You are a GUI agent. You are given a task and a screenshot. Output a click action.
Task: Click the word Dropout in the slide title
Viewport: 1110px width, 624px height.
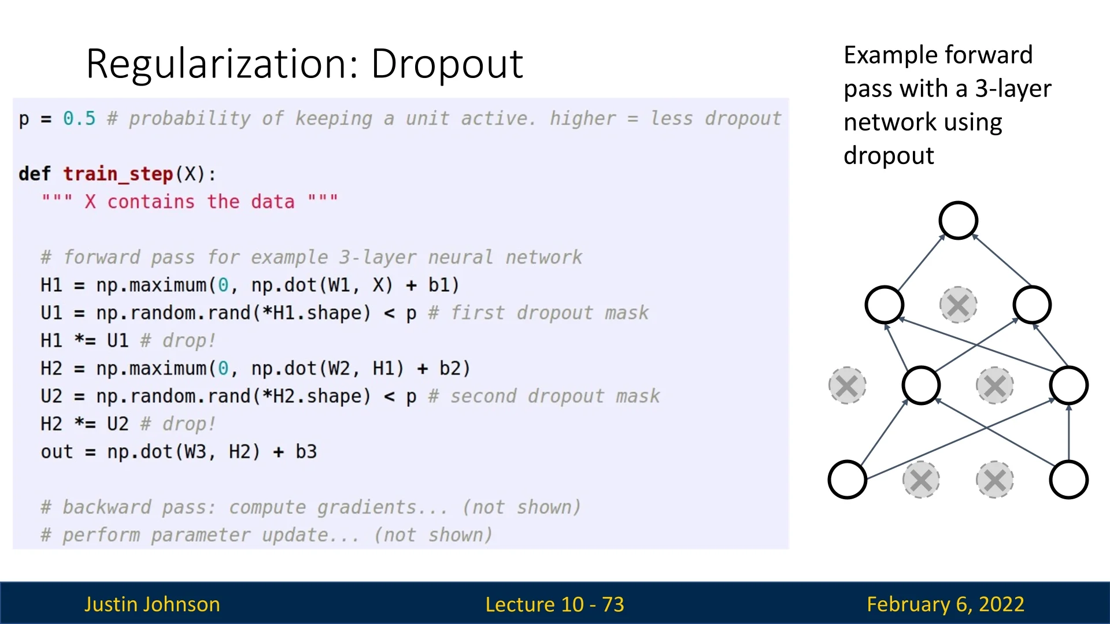click(447, 64)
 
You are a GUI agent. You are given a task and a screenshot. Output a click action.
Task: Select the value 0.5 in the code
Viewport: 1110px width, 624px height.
click(79, 118)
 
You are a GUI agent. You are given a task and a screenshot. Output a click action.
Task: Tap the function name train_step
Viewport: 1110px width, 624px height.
click(118, 174)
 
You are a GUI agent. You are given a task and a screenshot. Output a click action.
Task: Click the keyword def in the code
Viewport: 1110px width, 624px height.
click(35, 173)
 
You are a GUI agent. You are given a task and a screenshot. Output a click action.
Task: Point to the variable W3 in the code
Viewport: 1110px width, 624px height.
click(195, 452)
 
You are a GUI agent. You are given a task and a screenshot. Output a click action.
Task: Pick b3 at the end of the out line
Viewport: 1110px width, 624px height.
click(306, 452)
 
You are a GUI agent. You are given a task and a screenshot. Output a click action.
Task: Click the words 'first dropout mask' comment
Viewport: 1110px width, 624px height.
click(549, 313)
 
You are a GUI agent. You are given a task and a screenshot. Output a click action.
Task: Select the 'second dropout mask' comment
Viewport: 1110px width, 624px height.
click(555, 396)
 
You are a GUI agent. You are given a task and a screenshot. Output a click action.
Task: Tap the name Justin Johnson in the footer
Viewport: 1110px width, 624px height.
click(152, 604)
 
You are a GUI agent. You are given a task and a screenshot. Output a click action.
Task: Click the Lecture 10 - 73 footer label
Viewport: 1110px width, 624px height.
click(554, 604)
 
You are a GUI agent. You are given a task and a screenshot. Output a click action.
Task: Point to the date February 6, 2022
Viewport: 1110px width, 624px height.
click(945, 604)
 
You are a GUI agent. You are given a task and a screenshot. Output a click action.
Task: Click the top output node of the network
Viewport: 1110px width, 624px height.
click(958, 221)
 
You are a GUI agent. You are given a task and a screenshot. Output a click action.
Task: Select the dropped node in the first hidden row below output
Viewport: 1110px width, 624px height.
click(958, 305)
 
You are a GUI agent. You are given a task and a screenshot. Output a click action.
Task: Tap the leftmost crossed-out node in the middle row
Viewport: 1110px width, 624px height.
click(847, 385)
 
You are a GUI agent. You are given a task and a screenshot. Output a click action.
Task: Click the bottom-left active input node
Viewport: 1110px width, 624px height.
click(847, 480)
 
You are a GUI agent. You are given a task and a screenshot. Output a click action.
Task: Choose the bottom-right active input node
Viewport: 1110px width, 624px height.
click(1069, 480)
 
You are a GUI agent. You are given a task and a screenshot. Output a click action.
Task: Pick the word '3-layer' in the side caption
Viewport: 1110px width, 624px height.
click(1013, 89)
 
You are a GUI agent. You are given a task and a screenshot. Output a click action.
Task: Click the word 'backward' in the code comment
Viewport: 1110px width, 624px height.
click(107, 507)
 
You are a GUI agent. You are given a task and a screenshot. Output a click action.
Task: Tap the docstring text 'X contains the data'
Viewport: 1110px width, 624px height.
click(190, 202)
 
